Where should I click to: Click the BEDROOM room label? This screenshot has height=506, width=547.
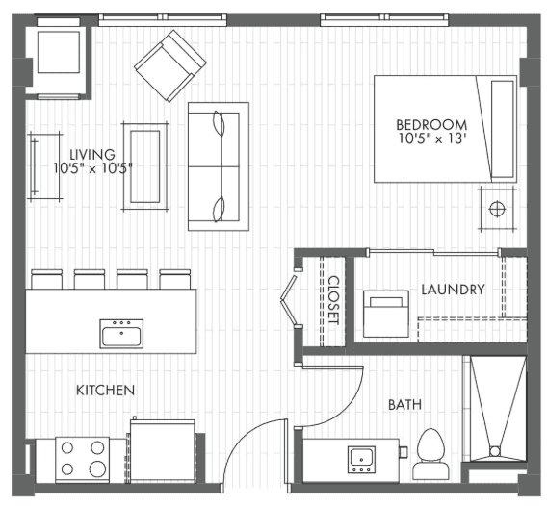point(431,124)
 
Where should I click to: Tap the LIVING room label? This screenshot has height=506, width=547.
point(92,154)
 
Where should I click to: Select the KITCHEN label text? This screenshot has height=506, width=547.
point(105,390)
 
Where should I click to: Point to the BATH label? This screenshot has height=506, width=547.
point(404,405)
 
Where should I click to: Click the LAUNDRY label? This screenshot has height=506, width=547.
point(453,289)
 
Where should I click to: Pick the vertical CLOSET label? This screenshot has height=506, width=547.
point(333,300)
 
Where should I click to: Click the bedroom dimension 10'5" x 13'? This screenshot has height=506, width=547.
point(431,139)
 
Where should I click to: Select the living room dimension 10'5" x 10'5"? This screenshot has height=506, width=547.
point(92,168)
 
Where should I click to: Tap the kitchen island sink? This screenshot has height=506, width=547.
point(121,334)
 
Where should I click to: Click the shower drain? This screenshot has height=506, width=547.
point(495,449)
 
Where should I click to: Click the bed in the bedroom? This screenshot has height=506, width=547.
point(445,129)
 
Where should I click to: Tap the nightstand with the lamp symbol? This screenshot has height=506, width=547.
point(497,208)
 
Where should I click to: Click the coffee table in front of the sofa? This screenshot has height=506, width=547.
point(145,164)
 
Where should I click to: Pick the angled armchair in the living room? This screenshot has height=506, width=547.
point(170,64)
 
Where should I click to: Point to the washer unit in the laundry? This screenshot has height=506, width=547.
point(385,313)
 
